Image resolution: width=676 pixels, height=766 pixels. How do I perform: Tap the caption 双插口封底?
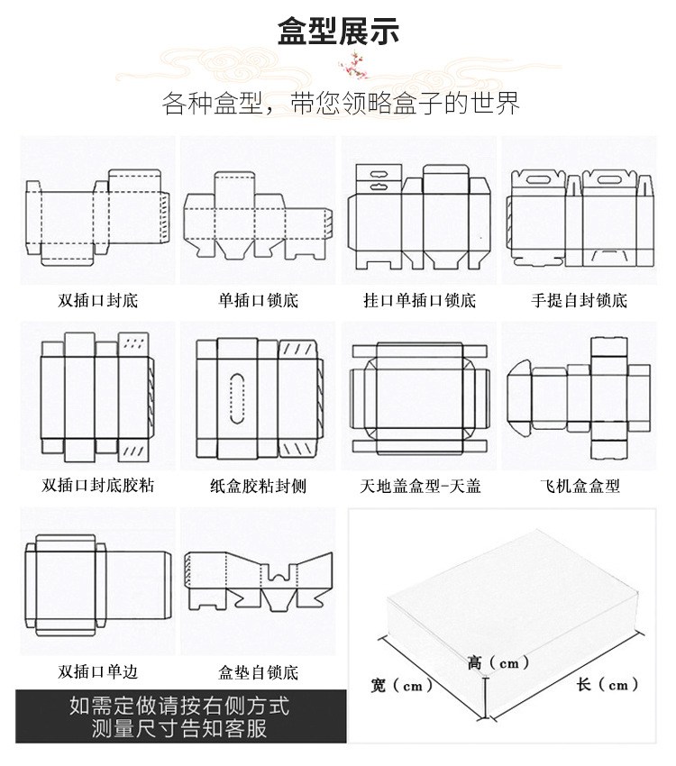(99, 300)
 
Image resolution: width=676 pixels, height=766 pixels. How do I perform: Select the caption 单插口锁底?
(258, 300)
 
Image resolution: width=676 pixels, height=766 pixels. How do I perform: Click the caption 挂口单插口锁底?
(419, 300)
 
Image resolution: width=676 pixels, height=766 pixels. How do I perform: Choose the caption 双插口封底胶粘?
(98, 486)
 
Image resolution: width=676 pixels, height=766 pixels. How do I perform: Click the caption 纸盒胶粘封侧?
(258, 486)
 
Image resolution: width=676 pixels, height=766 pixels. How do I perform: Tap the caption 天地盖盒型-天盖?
(420, 486)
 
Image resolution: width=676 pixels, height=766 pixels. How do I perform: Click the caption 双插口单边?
(99, 672)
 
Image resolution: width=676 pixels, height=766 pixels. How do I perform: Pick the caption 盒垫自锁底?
(258, 672)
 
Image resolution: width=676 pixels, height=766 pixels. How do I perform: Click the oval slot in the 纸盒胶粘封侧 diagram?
(239, 396)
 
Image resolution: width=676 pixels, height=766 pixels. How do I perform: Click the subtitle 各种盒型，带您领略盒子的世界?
(341, 103)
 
